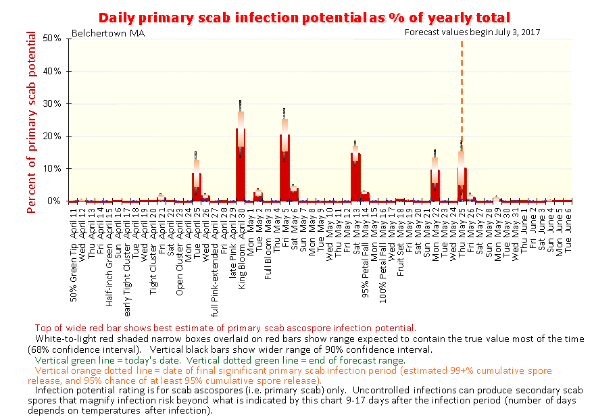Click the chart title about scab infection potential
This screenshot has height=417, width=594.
(x=303, y=17)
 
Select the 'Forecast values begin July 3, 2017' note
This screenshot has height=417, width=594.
(x=472, y=32)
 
